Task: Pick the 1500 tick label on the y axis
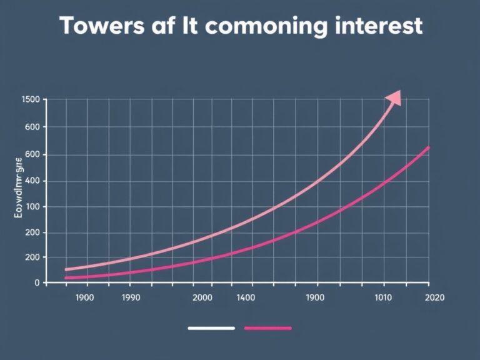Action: pyautogui.click(x=31, y=99)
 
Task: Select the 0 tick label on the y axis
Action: pyautogui.click(x=36, y=282)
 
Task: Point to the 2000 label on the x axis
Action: pyautogui.click(x=203, y=297)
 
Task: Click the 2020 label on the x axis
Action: pyautogui.click(x=434, y=297)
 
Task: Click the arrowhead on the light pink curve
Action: pyautogui.click(x=394, y=98)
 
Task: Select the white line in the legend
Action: pyautogui.click(x=211, y=327)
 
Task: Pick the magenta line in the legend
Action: pyautogui.click(x=268, y=327)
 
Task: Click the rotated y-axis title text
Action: pyautogui.click(x=19, y=187)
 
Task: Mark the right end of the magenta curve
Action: pyautogui.click(x=429, y=147)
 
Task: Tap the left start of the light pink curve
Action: pyautogui.click(x=66, y=269)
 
